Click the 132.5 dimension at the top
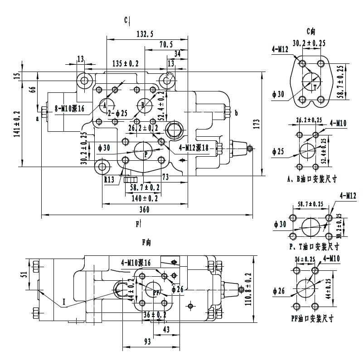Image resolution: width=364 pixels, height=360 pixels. coord(145,34)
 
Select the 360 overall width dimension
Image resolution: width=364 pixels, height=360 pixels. coord(145,210)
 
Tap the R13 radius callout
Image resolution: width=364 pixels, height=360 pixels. coord(109,180)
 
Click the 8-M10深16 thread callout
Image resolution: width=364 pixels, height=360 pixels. coord(70,108)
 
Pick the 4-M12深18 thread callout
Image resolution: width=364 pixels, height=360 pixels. coord(193,147)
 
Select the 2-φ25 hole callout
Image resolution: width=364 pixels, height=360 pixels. coord(118,113)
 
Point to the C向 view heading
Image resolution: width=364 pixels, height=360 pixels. coord(311,31)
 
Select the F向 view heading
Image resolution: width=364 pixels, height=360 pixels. coord(146,243)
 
